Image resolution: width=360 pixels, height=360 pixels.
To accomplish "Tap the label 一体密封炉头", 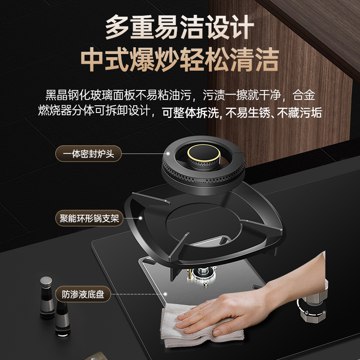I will pyautogui.click(x=88, y=154).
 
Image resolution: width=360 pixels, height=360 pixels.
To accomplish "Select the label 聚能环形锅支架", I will pyautogui.click(x=89, y=219).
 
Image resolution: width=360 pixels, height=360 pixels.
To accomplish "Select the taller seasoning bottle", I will pyautogui.click(x=46, y=297).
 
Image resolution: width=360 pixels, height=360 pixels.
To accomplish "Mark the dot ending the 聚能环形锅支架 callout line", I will pyautogui.click(x=140, y=219).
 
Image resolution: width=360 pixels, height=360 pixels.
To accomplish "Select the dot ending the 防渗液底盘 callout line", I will pyautogui.click(x=166, y=295).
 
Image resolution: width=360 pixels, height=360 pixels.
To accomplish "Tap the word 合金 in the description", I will pyautogui.click(x=305, y=95).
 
